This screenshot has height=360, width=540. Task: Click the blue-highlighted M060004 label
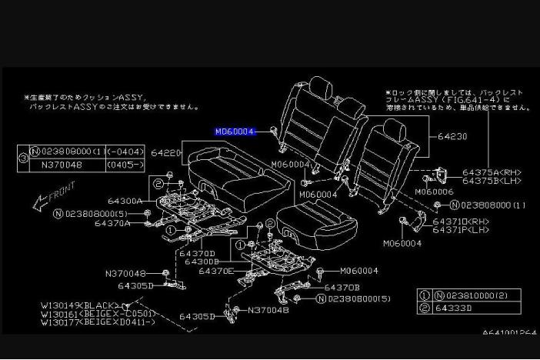point(235,132)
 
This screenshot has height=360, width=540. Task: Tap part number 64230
point(452,136)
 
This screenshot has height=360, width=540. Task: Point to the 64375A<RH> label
point(492,172)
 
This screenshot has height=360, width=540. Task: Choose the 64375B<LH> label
point(492,181)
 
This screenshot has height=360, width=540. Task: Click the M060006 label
point(434,192)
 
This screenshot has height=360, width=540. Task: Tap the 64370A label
point(112,223)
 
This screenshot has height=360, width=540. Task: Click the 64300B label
point(202,262)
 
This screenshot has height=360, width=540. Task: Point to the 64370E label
point(216,271)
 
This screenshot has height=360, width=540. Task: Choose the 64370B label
point(342,288)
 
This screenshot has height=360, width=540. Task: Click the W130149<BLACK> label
point(80,305)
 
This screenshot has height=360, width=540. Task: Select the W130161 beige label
point(98,314)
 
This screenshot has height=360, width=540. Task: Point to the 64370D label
point(196,253)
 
